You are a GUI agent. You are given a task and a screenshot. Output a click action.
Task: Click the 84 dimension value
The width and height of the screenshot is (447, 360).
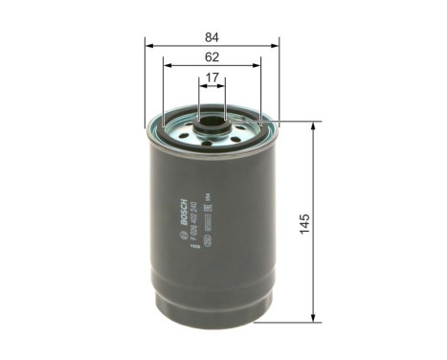pyautogui.click(x=212, y=37)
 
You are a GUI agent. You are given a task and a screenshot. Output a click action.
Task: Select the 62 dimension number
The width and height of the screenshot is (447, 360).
pyautogui.click(x=212, y=58)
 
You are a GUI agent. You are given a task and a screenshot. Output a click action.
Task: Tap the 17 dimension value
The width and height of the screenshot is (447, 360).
pyautogui.click(x=212, y=80)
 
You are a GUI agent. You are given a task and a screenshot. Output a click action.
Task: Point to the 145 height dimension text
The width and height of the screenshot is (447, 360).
pyautogui.click(x=329, y=218)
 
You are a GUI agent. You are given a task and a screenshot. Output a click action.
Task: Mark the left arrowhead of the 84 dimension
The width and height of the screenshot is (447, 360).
pyautogui.click(x=148, y=45)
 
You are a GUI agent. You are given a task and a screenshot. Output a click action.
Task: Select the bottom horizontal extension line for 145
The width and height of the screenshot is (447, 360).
pyautogui.click(x=292, y=318)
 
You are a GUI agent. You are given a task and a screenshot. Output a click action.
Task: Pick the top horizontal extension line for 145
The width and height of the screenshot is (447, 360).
pyautogui.click(x=292, y=122)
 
